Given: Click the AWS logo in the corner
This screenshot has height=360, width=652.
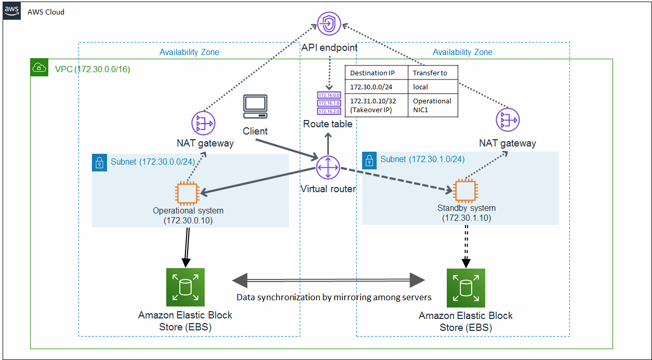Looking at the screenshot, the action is pyautogui.click(x=11, y=11).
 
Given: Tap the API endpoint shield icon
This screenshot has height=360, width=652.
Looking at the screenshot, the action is pyautogui.click(x=329, y=23).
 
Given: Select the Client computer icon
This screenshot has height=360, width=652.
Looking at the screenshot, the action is pyautogui.click(x=255, y=106).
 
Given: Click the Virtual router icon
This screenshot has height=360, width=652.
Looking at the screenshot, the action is pyautogui.click(x=328, y=168).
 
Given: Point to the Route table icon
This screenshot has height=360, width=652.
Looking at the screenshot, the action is pyautogui.click(x=329, y=103).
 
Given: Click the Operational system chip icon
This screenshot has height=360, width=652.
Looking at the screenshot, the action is pyautogui.click(x=187, y=193).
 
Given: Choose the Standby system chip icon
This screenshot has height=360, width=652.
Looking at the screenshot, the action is pyautogui.click(x=465, y=191).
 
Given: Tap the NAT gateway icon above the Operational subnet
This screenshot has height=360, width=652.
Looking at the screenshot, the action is pyautogui.click(x=204, y=123).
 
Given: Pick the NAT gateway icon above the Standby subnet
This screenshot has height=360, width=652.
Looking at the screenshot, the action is pyautogui.click(x=508, y=119).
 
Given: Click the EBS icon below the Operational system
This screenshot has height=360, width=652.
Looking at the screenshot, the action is pyautogui.click(x=185, y=287).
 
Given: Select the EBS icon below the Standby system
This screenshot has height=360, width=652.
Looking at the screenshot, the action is pyautogui.click(x=466, y=288).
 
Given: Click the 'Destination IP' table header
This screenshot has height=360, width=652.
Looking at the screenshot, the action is pyautogui.click(x=372, y=73).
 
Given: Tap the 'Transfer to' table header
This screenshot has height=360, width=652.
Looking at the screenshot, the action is pyautogui.click(x=430, y=73).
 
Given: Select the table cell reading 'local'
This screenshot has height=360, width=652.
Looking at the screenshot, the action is pyautogui.click(x=420, y=87).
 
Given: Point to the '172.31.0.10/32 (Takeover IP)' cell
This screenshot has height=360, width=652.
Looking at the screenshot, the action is pyautogui.click(x=373, y=105).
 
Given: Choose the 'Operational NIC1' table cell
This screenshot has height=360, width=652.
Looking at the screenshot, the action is pyautogui.click(x=432, y=105).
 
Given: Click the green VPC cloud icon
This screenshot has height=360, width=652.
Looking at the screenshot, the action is pyautogui.click(x=39, y=68).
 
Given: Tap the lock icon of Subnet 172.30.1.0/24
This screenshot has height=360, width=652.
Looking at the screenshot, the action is pyautogui.click(x=369, y=161).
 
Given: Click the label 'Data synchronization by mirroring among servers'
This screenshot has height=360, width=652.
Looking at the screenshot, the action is pyautogui.click(x=334, y=297).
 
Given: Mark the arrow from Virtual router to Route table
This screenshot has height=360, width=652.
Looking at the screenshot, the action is pyautogui.click(x=328, y=144).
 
